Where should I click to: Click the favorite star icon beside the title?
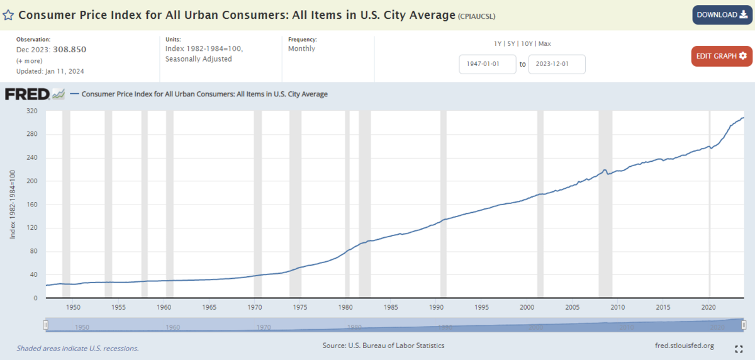9,14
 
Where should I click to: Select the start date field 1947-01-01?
488,64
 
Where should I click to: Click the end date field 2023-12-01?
557,64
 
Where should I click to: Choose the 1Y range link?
498,43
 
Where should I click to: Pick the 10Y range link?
527,43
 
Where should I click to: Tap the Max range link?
545,43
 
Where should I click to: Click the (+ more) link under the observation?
29,60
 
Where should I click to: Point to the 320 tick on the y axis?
33,111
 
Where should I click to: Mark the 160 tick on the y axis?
33,205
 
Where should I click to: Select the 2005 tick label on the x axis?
573,307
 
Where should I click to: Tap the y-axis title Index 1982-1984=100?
13,205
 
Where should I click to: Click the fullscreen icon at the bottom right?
739,349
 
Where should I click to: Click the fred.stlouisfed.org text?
685,346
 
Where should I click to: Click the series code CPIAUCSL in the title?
480,15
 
